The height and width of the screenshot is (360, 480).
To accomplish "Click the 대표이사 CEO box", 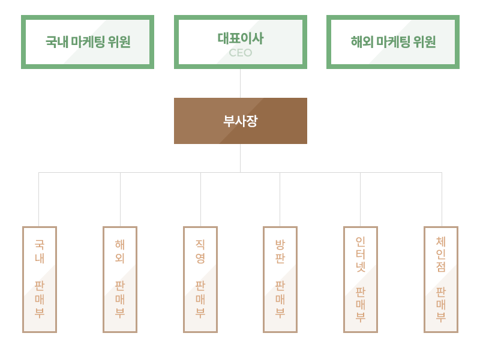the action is click(241, 42).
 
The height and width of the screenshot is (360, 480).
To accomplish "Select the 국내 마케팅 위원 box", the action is click(88, 42).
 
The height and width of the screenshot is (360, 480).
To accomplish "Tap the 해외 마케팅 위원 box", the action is click(393, 42).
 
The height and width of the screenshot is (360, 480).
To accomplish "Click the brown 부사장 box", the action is click(241, 121).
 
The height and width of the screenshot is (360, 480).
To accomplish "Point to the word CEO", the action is click(241, 53).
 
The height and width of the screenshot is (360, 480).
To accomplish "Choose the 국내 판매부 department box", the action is click(40, 280).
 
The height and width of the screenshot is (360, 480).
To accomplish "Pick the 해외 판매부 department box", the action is click(120, 280).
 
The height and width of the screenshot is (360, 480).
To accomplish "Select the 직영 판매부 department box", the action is click(200, 280).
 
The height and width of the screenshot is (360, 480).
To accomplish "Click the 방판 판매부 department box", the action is click(280, 280).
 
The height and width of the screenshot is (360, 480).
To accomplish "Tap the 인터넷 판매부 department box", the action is click(361, 280).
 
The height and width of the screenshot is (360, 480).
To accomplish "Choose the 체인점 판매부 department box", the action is click(441, 280).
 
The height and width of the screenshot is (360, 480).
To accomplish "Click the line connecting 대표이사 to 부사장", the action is click(241, 83).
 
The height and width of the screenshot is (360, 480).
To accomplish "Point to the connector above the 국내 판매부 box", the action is click(38, 199).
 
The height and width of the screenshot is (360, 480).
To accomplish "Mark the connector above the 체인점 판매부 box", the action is click(442, 199).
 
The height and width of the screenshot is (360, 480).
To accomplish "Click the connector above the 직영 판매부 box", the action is click(200, 199).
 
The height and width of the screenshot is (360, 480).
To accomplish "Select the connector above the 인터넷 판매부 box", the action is click(361, 199).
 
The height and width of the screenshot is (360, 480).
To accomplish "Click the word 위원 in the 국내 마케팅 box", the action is click(119, 42).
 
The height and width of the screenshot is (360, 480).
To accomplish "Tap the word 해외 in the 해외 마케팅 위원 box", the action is click(362, 42).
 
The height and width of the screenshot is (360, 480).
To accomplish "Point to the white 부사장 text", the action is click(241, 121).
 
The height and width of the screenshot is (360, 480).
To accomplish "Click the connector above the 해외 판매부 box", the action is click(121, 199).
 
